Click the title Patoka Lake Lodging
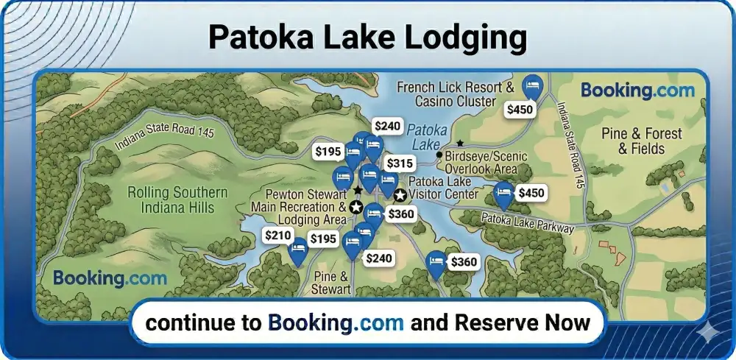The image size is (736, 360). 367,36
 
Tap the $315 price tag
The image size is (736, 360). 400,163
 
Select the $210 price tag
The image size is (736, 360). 278,236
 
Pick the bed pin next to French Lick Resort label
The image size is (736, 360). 532,87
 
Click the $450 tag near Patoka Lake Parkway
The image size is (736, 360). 531,193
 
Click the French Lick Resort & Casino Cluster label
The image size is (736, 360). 455,93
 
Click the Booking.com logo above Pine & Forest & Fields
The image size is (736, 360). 637,91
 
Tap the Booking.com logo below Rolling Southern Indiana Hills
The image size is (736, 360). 110,278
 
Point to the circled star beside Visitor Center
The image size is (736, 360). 400,195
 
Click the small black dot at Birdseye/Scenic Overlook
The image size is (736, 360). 439,155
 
